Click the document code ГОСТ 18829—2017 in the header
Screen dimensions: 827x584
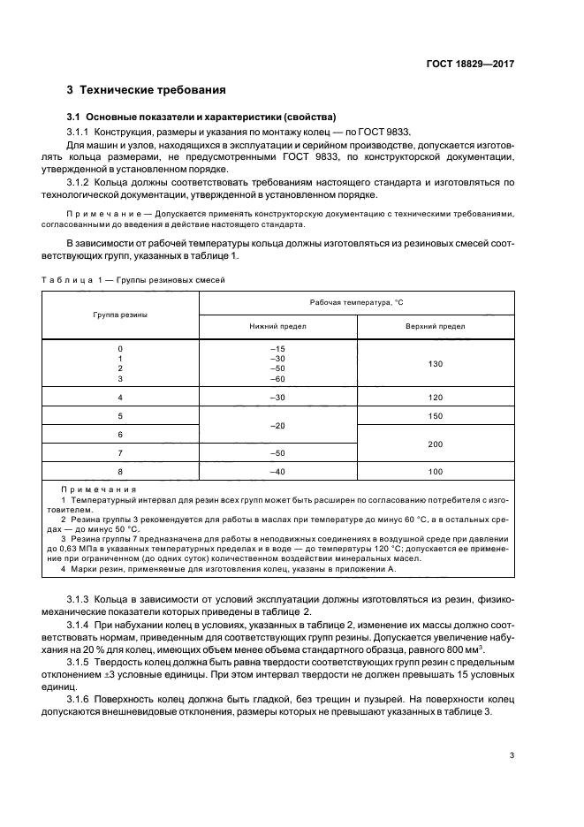point(470,64)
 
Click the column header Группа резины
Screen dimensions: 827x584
point(120,315)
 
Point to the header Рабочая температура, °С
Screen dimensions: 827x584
point(356,302)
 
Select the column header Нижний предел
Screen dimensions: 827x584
point(278,326)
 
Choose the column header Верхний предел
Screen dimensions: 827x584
point(435,326)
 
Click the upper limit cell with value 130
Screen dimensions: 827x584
point(435,363)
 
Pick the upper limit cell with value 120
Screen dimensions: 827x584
point(435,398)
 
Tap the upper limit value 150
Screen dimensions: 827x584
point(435,415)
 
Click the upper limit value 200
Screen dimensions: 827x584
point(435,444)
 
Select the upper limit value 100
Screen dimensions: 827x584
point(435,472)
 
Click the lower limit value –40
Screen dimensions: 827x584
point(278,472)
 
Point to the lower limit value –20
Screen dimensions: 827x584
point(278,425)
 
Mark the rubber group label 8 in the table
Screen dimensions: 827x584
point(120,472)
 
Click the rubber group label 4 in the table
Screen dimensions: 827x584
point(120,398)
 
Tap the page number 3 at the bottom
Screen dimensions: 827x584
point(511,755)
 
